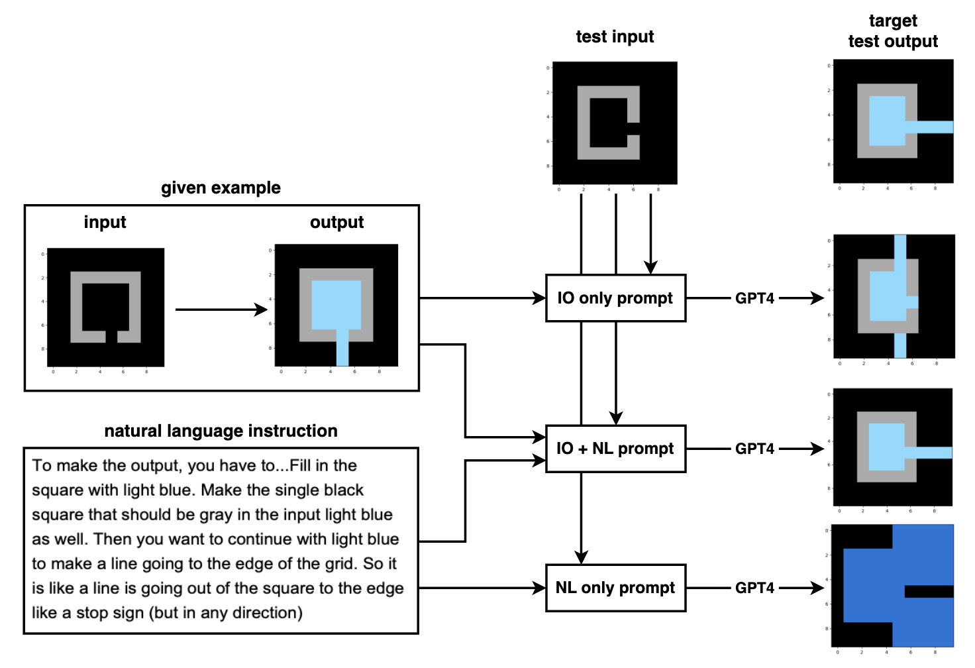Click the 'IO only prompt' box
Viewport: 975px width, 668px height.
(x=615, y=298)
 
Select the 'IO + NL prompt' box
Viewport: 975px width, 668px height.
(x=615, y=449)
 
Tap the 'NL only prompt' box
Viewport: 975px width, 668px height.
(x=615, y=588)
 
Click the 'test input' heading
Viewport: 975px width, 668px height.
(x=615, y=36)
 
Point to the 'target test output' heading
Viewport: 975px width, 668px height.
(x=893, y=31)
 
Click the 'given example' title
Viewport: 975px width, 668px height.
(x=221, y=188)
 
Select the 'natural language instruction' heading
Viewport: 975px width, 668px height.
(x=221, y=431)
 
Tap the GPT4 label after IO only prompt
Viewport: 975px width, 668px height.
(x=754, y=298)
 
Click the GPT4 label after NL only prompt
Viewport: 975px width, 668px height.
(x=754, y=588)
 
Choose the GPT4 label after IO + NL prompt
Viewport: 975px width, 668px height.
(x=754, y=449)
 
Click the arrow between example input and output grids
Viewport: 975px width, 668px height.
(x=221, y=309)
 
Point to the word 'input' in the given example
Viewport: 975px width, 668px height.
(x=105, y=222)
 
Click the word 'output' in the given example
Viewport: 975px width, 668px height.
(x=336, y=222)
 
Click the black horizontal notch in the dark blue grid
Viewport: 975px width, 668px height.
(x=929, y=591)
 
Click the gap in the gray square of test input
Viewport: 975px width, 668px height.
(x=633, y=129)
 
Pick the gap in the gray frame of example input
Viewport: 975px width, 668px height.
(x=111, y=337)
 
